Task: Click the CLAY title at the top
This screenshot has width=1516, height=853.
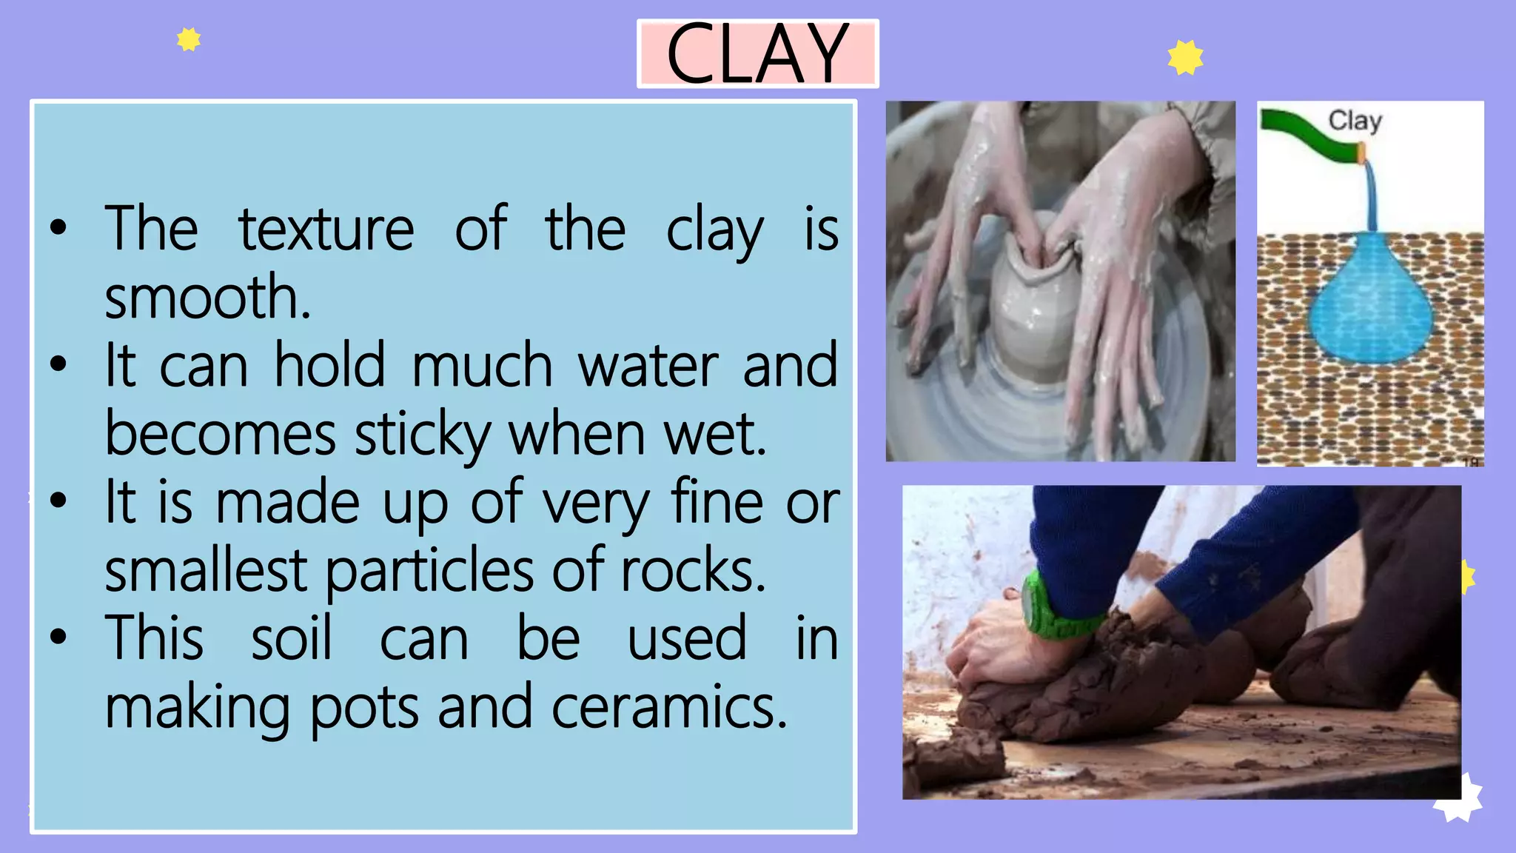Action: [757, 53]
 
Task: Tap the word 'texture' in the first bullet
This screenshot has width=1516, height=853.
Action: [326, 229]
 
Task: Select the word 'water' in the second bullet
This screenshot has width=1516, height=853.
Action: [648, 366]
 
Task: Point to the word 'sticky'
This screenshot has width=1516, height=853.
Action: [423, 435]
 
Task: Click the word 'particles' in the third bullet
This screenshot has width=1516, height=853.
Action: [429, 572]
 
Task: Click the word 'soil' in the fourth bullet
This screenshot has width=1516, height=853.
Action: [291, 639]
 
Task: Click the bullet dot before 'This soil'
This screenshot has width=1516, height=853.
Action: [58, 637]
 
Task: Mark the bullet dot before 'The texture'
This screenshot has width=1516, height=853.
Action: [58, 227]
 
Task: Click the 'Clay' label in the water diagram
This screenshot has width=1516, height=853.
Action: [1355, 121]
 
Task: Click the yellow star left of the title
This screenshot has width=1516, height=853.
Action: [189, 39]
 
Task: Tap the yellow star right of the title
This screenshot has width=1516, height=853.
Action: [1185, 58]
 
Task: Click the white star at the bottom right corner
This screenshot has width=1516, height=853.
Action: [1460, 800]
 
